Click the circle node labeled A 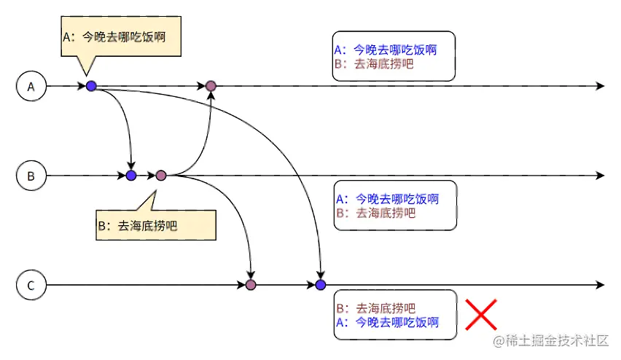(x=31, y=86)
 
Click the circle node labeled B (x=31, y=176)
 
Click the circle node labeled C (x=31, y=284)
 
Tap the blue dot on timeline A (x=91, y=86)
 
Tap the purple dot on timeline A (x=211, y=86)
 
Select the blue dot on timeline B (x=131, y=176)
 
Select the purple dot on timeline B (x=161, y=176)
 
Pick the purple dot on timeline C (x=251, y=284)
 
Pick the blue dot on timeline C (x=320, y=284)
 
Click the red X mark (x=481, y=314)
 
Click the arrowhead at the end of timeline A (x=600, y=86)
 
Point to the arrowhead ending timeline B (x=600, y=176)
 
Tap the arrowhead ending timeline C (x=600, y=284)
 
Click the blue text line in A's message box (x=385, y=50)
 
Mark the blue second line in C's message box (x=386, y=321)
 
